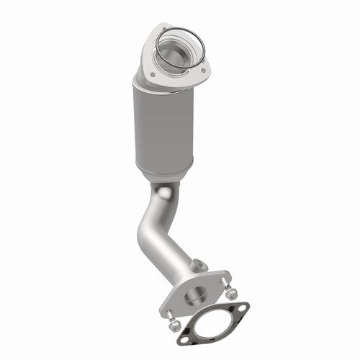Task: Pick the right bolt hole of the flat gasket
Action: pos(243,309)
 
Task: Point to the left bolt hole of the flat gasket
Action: pos(184,336)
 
